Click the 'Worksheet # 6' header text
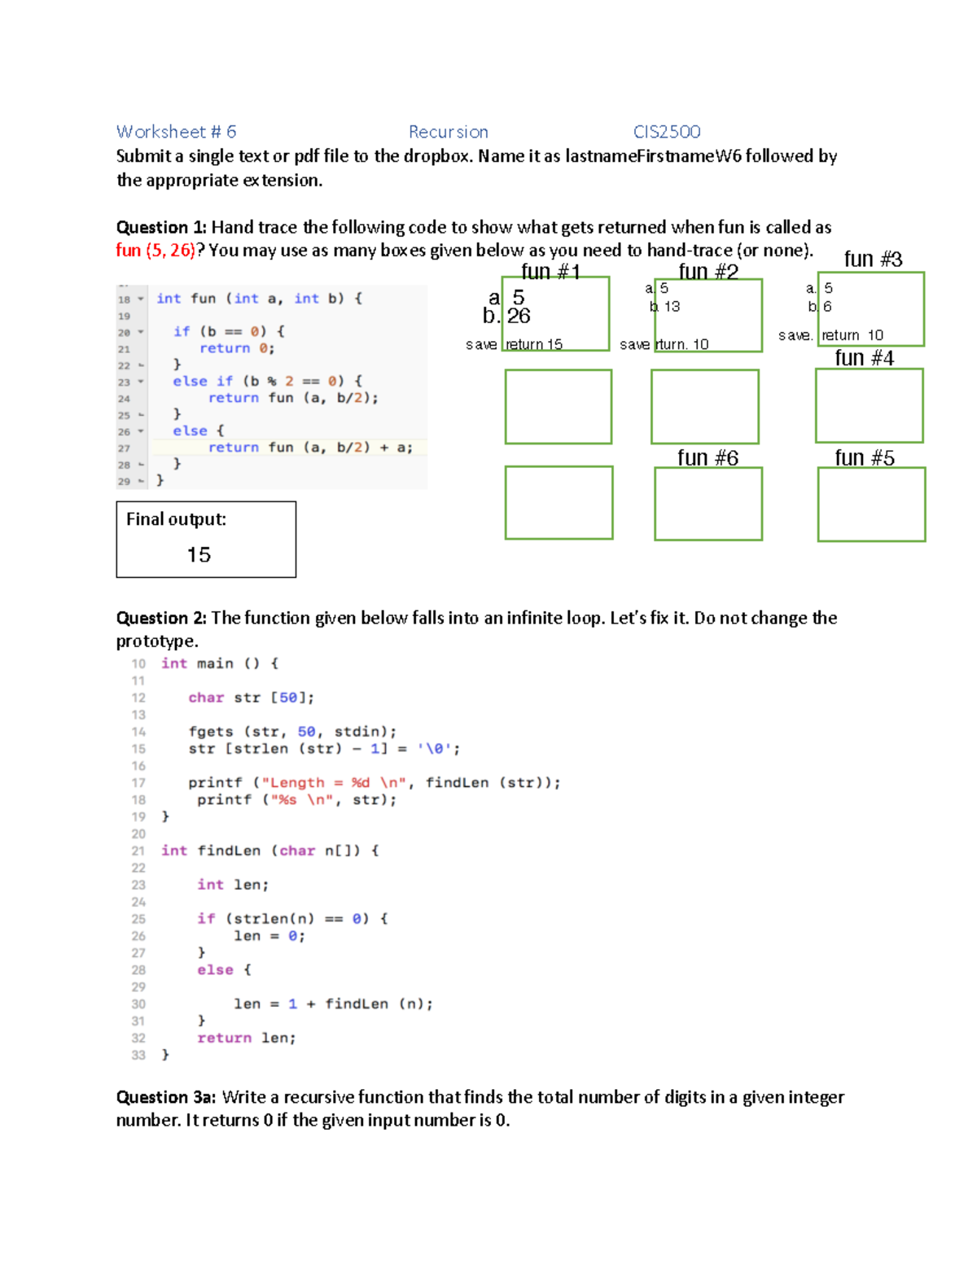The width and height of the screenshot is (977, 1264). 176,132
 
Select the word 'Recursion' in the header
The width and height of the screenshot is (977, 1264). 448,132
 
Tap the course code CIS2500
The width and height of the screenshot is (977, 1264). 667,132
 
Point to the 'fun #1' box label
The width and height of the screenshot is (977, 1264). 550,271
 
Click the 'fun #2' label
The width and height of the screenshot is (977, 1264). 708,271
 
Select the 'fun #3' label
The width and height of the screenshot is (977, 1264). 873,259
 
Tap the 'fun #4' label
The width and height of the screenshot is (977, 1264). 864,358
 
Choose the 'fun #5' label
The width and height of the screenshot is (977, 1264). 865,458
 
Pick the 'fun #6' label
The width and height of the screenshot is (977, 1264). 708,458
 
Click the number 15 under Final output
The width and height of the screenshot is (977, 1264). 199,555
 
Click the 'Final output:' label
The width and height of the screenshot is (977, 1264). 176,519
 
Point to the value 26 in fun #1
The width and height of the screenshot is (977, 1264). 519,316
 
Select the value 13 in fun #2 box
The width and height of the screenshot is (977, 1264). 672,307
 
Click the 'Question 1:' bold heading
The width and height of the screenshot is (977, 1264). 161,227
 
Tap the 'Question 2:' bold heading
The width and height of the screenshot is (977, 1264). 161,618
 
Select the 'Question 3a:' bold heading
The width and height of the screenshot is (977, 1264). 166,1097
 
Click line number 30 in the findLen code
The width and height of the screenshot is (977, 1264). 138,1004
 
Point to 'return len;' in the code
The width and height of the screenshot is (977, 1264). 246,1038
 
